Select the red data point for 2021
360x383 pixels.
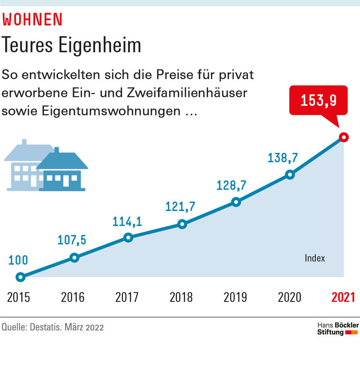pyautogui.click(x=344, y=137)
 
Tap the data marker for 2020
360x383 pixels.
pyautogui.click(x=290, y=175)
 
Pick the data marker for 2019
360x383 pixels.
pyautogui.click(x=236, y=202)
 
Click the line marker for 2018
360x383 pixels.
pyautogui.click(x=182, y=224)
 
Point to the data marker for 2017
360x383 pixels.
pyautogui.click(x=128, y=238)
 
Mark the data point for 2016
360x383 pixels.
pyautogui.click(x=74, y=257)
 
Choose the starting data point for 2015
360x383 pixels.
pyautogui.click(x=20, y=277)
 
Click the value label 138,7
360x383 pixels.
pyautogui.click(x=283, y=158)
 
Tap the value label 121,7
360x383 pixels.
pyautogui.click(x=180, y=206)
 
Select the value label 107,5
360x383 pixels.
pyautogui.click(x=72, y=240)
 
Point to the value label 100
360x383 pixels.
pyautogui.click(x=18, y=260)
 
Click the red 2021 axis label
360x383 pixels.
pyautogui.click(x=343, y=297)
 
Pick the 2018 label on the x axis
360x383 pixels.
pyautogui.click(x=181, y=297)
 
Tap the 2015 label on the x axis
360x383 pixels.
pyautogui.click(x=19, y=297)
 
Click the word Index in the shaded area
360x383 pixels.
pyautogui.click(x=315, y=258)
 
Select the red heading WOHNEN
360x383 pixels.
pyautogui.click(x=32, y=19)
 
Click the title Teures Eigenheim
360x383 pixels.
pyautogui.click(x=72, y=45)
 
